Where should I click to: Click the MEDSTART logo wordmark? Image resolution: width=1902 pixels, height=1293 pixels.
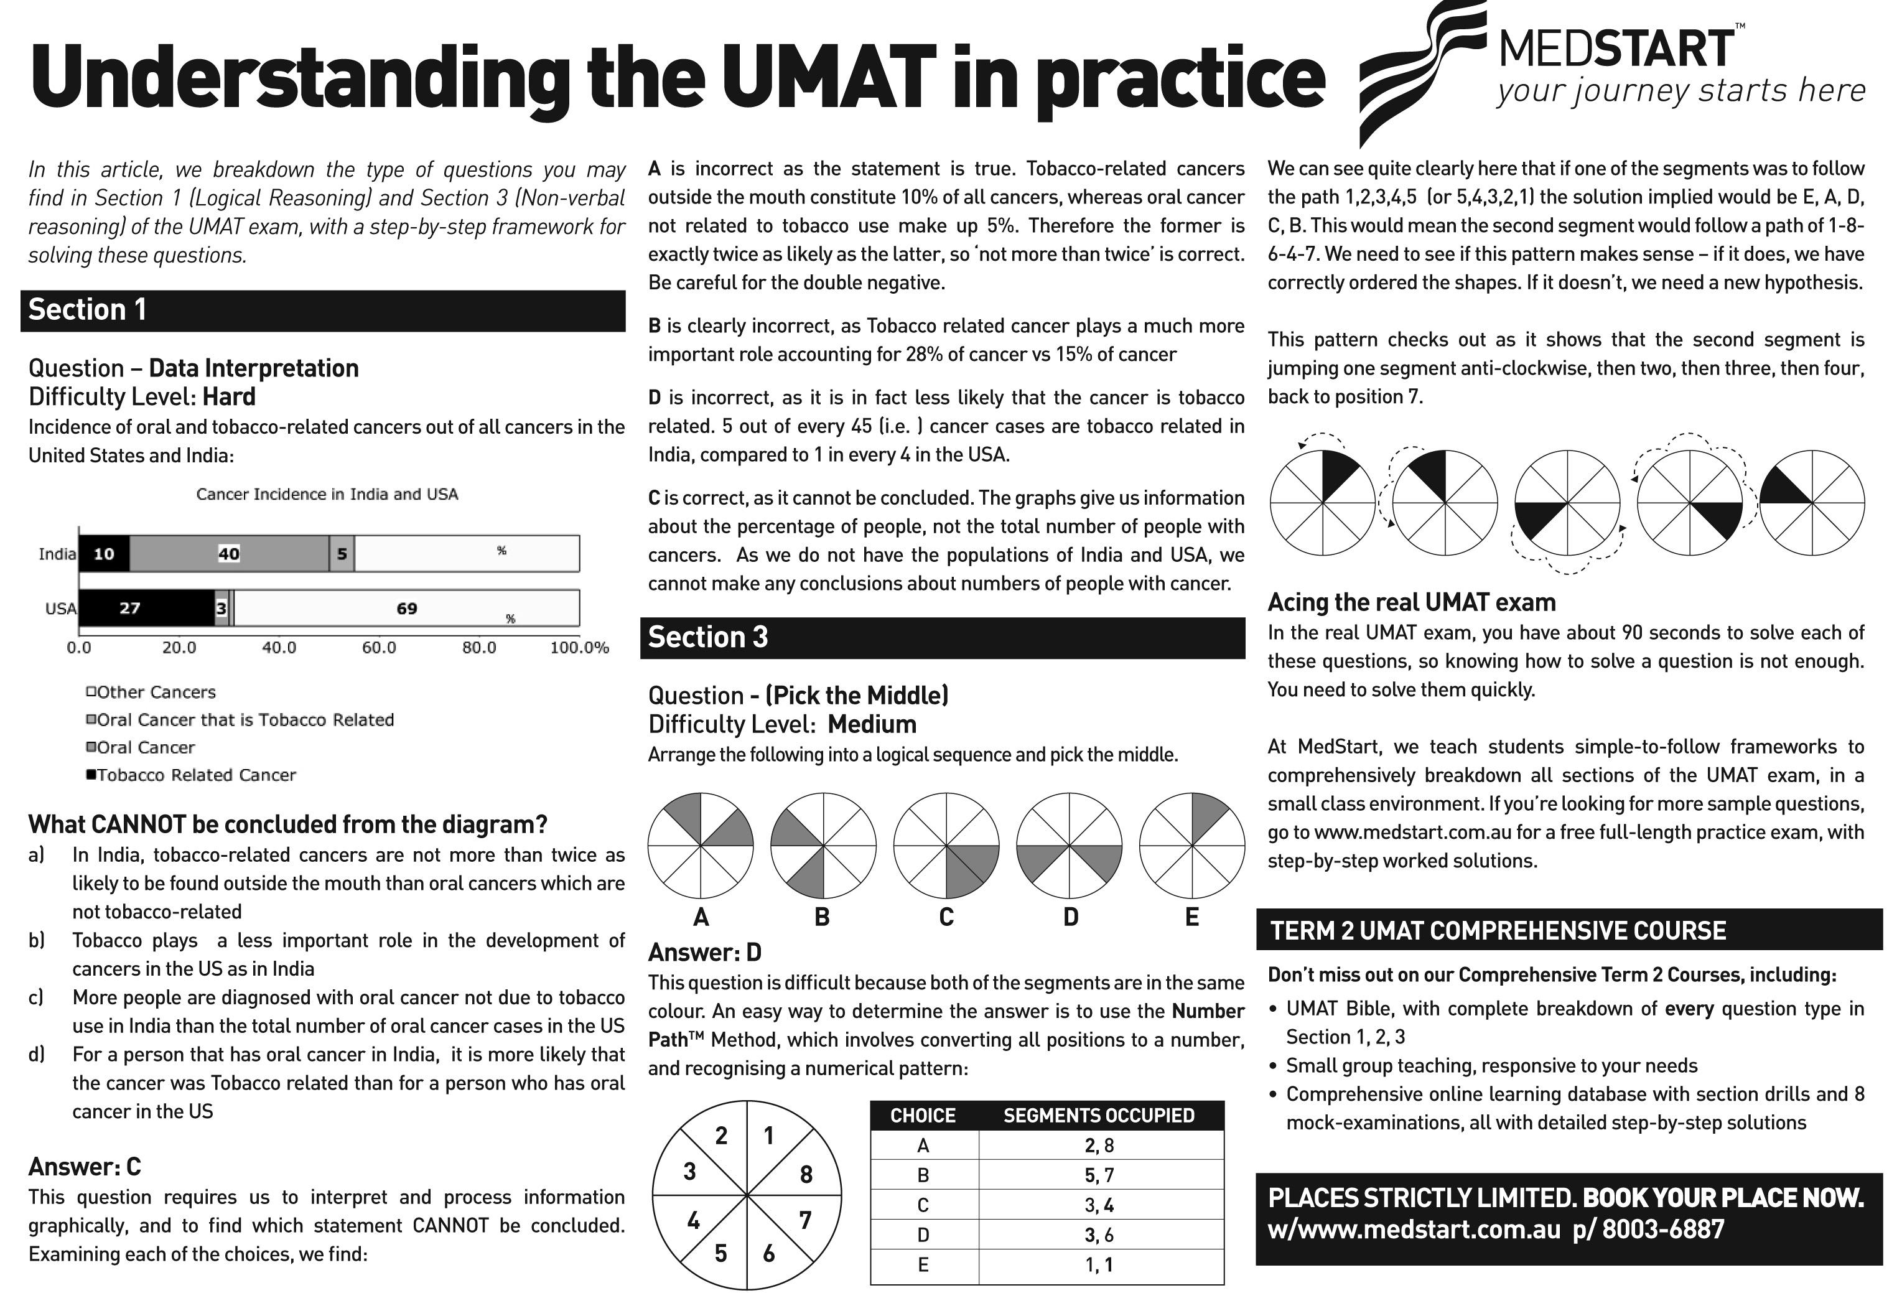click(1616, 49)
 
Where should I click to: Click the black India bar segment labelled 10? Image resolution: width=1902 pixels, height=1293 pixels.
click(104, 554)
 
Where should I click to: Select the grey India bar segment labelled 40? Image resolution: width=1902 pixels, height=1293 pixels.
click(229, 554)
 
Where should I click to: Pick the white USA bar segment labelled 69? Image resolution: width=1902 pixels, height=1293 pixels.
click(407, 608)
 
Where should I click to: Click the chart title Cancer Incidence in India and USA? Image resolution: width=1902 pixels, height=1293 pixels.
click(327, 494)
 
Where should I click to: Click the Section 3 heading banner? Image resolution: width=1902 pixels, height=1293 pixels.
click(942, 638)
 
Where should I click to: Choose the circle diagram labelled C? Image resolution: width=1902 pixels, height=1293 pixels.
click(946, 846)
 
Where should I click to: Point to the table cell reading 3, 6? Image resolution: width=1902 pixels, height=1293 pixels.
click(1099, 1235)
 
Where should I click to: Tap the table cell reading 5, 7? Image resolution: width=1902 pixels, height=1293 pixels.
click(1099, 1175)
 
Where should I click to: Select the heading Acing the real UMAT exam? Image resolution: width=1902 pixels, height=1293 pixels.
click(1411, 602)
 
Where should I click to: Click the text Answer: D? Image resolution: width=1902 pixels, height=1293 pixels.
click(705, 953)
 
